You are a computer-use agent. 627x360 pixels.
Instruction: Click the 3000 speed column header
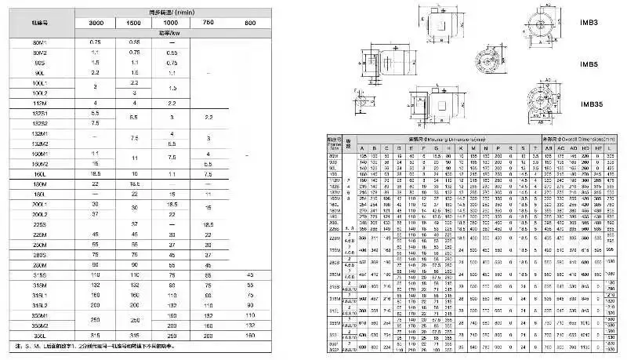coord(96,23)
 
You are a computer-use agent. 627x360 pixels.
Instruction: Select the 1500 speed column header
coord(134,23)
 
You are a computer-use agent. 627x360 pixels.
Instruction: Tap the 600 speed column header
coord(249,23)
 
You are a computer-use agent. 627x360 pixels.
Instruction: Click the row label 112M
coord(41,103)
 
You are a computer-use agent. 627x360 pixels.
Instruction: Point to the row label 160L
coord(41,173)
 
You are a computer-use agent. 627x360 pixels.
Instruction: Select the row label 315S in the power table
coord(41,275)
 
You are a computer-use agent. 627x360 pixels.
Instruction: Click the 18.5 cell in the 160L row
coord(96,173)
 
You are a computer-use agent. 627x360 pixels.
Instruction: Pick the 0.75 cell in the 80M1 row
coord(96,42)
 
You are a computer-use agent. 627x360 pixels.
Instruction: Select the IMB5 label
coord(589,64)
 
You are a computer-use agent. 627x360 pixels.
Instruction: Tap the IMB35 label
coord(592,104)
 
